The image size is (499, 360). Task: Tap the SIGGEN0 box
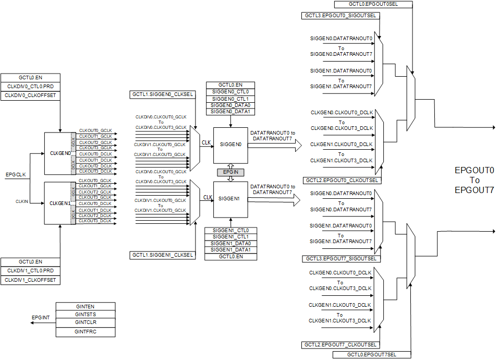click(230, 146)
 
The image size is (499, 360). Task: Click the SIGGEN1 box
click(230, 199)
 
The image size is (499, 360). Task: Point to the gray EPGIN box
click(230, 172)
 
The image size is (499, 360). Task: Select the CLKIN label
click(22, 201)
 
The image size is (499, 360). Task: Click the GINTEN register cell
click(85, 306)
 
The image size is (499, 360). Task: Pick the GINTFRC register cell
click(85, 331)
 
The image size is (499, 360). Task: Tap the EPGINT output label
click(41, 317)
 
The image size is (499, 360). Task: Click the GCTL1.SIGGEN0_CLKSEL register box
click(162, 94)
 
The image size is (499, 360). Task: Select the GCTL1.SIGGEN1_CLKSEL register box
click(162, 255)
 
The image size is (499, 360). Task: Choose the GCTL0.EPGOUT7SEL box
click(371, 355)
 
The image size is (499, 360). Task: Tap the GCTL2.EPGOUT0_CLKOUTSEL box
click(341, 180)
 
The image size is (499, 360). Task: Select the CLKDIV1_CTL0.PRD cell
click(30, 271)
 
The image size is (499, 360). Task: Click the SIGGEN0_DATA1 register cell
click(230, 112)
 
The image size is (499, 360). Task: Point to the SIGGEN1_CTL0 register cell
click(230, 230)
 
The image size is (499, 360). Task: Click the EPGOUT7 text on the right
click(474, 190)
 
